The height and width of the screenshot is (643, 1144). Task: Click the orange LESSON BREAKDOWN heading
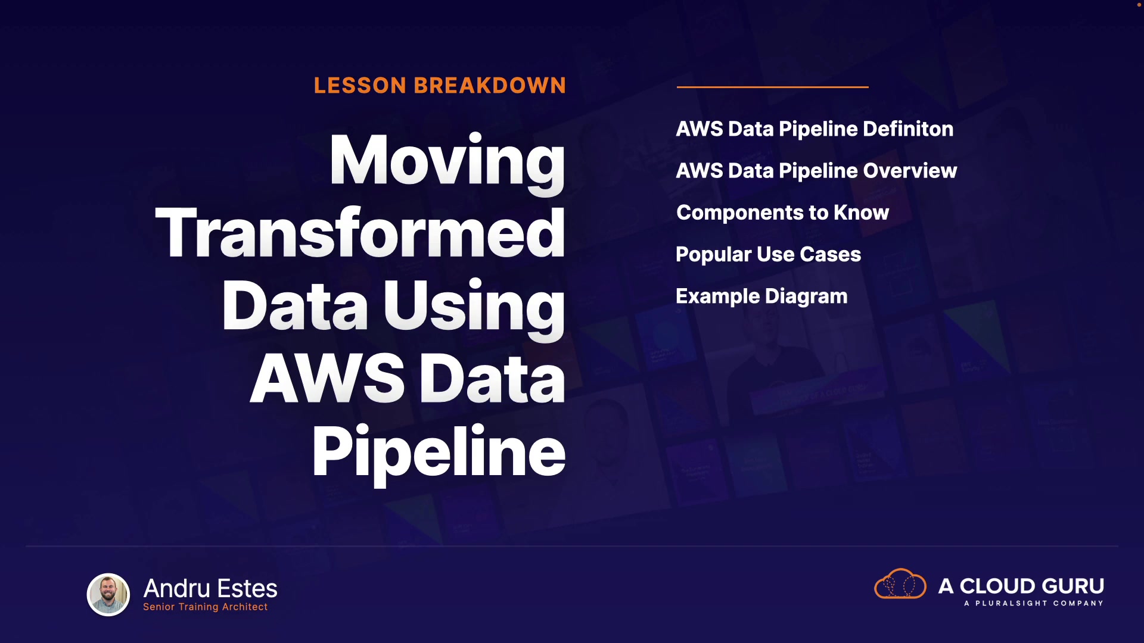pos(440,86)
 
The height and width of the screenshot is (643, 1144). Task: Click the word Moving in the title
pos(447,163)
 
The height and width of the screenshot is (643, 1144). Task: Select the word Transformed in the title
pos(360,233)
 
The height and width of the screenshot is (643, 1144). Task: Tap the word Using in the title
pos(474,308)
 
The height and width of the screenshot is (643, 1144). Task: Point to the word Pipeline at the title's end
pos(439,454)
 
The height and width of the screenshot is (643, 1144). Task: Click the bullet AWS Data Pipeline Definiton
pos(815,129)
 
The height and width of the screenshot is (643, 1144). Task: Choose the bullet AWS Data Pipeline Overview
pos(816,171)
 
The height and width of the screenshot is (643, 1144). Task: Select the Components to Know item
pos(782,213)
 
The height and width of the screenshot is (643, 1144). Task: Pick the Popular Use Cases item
pos(768,255)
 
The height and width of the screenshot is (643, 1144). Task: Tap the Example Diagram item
pos(761,296)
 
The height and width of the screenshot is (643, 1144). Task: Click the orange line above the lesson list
pos(772,87)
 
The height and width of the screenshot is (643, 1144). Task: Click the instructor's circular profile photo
pos(108,594)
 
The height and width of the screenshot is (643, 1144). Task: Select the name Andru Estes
pos(210,588)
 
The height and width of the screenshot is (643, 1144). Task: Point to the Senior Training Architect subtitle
pos(205,607)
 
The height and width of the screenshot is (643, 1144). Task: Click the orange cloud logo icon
pos(900,583)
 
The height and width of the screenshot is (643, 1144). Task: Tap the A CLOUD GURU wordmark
pos(1021,586)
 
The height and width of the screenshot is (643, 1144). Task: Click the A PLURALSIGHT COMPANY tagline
pos(1034,603)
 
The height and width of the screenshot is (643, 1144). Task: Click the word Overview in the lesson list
pos(910,171)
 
